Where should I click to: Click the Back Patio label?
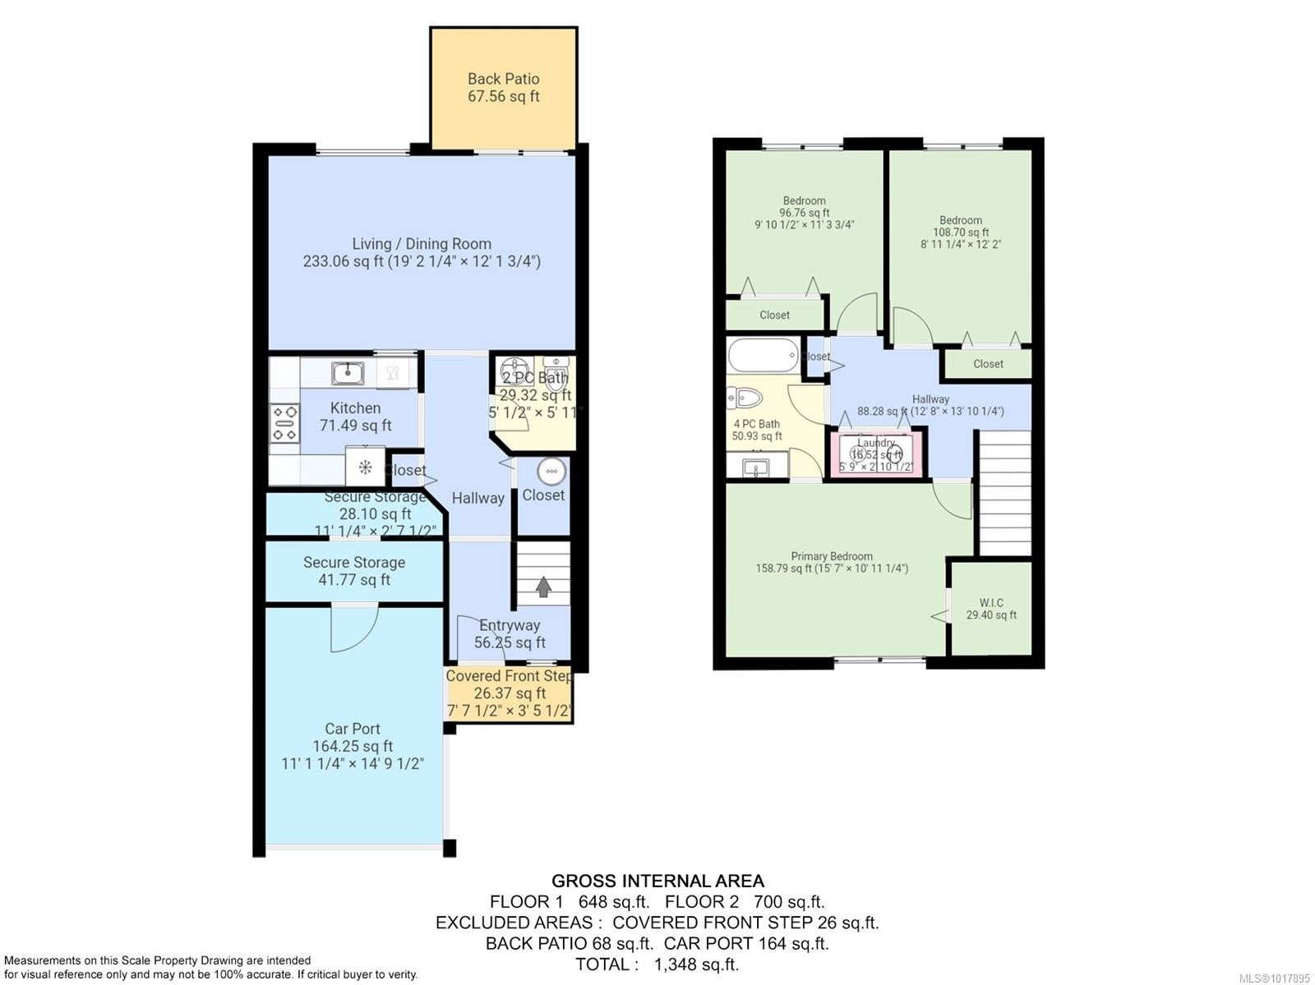(503, 79)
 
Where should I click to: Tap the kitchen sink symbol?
(348, 374)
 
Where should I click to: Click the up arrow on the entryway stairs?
(543, 587)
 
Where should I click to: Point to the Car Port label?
(353, 729)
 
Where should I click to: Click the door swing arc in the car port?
(353, 629)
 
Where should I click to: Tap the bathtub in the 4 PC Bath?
(763, 355)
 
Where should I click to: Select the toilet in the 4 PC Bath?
(745, 398)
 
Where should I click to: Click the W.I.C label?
(991, 602)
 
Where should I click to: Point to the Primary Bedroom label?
(832, 556)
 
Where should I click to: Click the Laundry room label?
(875, 443)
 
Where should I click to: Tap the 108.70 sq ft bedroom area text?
(961, 232)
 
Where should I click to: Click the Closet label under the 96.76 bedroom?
(774, 315)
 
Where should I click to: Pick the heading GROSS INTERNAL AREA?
(657, 881)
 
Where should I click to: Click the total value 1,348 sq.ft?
(696, 964)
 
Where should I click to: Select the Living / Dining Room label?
(422, 244)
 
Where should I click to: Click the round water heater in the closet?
(551, 472)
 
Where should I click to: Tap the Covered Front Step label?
(510, 676)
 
